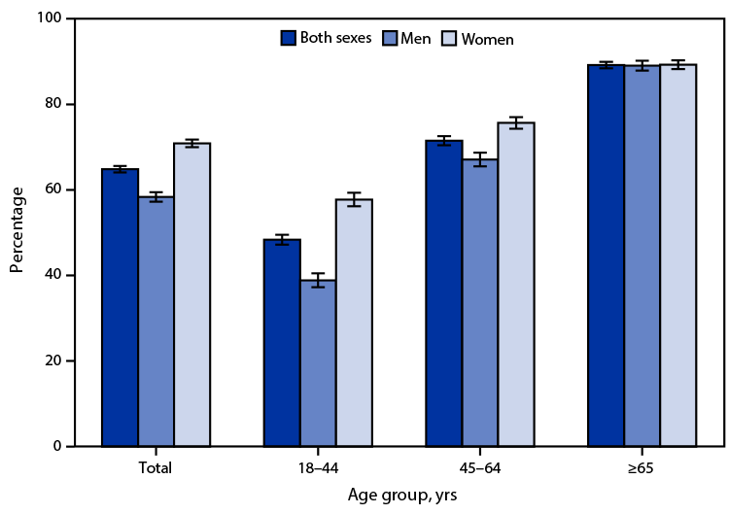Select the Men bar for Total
click(x=156, y=321)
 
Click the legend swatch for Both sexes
click(x=289, y=39)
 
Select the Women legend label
click(x=489, y=40)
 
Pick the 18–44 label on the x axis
click(x=318, y=467)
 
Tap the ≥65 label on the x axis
click(x=642, y=467)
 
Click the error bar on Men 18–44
click(x=318, y=281)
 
